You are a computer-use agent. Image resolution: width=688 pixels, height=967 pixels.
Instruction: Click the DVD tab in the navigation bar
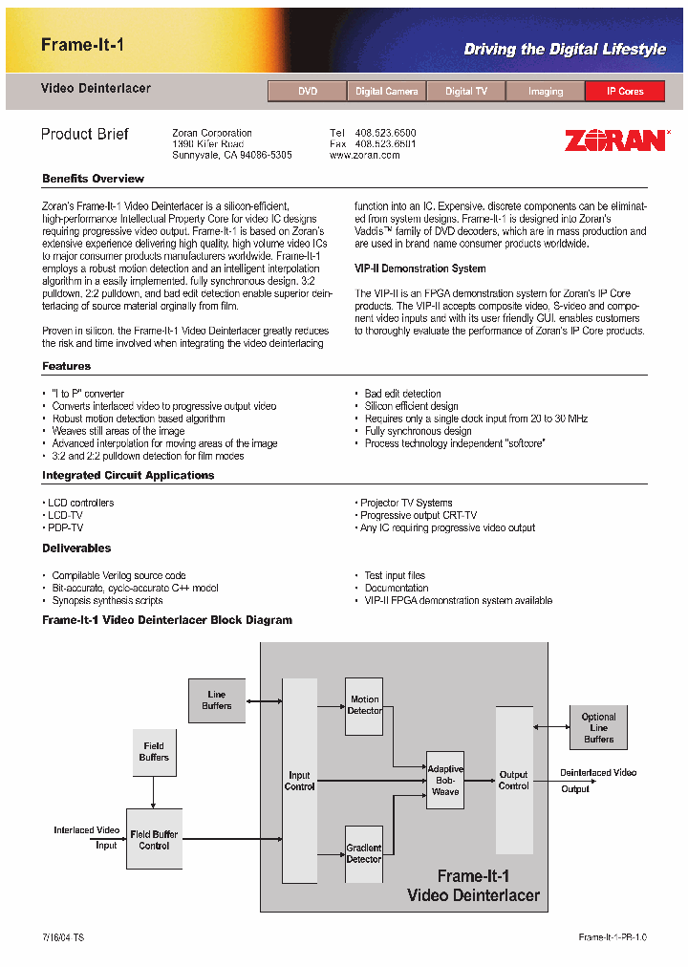pyautogui.click(x=308, y=92)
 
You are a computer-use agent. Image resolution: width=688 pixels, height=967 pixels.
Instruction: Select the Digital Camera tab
pyautogui.click(x=387, y=92)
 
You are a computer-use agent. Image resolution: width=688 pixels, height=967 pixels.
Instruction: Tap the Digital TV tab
pyautogui.click(x=466, y=92)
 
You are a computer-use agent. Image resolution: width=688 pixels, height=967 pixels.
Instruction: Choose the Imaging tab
pyautogui.click(x=546, y=92)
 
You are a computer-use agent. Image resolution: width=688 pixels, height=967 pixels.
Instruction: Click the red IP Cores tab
pyautogui.click(x=625, y=92)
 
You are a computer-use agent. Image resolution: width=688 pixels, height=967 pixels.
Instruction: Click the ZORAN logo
pyautogui.click(x=614, y=140)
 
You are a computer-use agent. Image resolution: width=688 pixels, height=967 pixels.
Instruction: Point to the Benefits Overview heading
pyautogui.click(x=93, y=179)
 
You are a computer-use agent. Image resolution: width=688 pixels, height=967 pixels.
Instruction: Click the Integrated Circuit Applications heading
pyautogui.click(x=128, y=475)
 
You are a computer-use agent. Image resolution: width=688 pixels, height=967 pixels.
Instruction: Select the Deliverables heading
pyautogui.click(x=76, y=548)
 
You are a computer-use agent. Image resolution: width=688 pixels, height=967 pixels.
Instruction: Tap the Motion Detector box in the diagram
pyautogui.click(x=364, y=705)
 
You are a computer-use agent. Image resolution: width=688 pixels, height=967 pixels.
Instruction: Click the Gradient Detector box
pyautogui.click(x=364, y=853)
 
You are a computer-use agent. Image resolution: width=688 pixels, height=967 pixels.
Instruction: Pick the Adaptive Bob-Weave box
pyautogui.click(x=444, y=780)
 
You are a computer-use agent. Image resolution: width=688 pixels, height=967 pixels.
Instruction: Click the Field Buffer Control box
pyautogui.click(x=154, y=840)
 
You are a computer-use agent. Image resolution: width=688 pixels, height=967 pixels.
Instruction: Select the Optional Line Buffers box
pyautogui.click(x=599, y=727)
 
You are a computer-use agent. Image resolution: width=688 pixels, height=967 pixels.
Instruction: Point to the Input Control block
pyautogui.click(x=299, y=781)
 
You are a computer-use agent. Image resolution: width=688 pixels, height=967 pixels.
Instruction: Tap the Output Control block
pyautogui.click(x=514, y=780)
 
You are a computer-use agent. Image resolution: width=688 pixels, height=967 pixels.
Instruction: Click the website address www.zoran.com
pyautogui.click(x=365, y=155)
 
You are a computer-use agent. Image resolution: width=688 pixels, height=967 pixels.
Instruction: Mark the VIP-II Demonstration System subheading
pyautogui.click(x=419, y=269)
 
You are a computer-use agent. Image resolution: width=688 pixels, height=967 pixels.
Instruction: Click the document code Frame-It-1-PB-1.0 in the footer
pyautogui.click(x=613, y=937)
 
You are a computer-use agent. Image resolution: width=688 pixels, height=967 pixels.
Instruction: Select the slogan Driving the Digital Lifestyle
pyautogui.click(x=565, y=50)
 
